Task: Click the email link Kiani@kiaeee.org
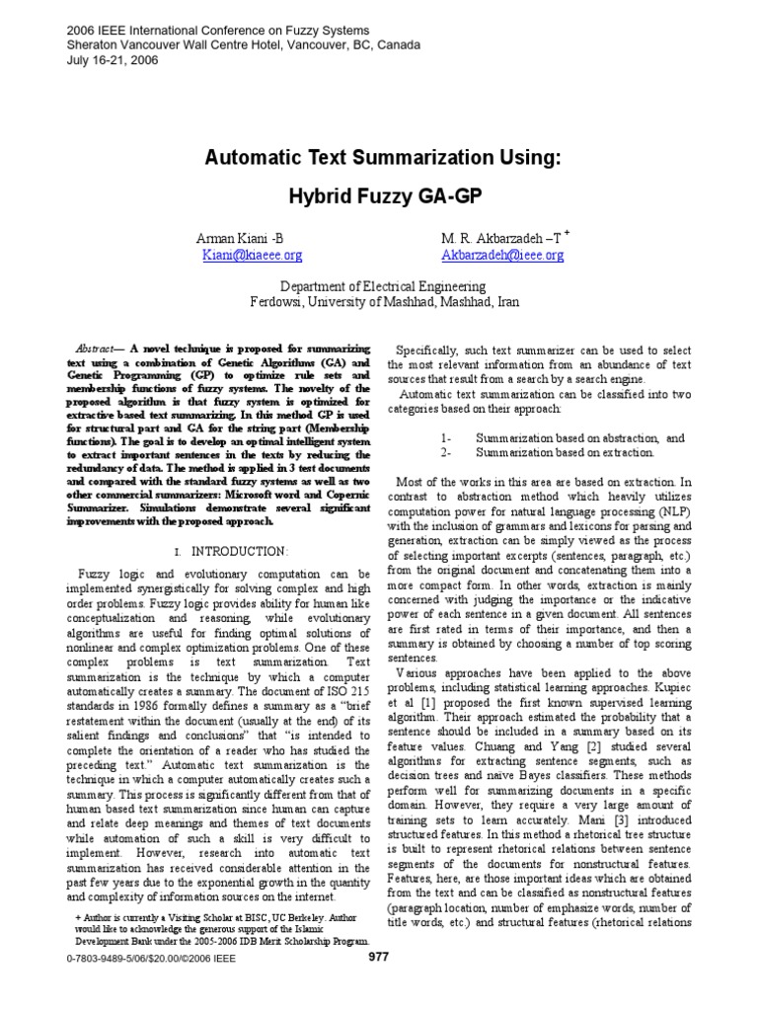tap(252, 255)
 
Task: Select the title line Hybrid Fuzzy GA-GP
tap(386, 196)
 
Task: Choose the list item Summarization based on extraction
tap(565, 452)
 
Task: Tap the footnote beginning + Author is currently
tap(217, 917)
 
